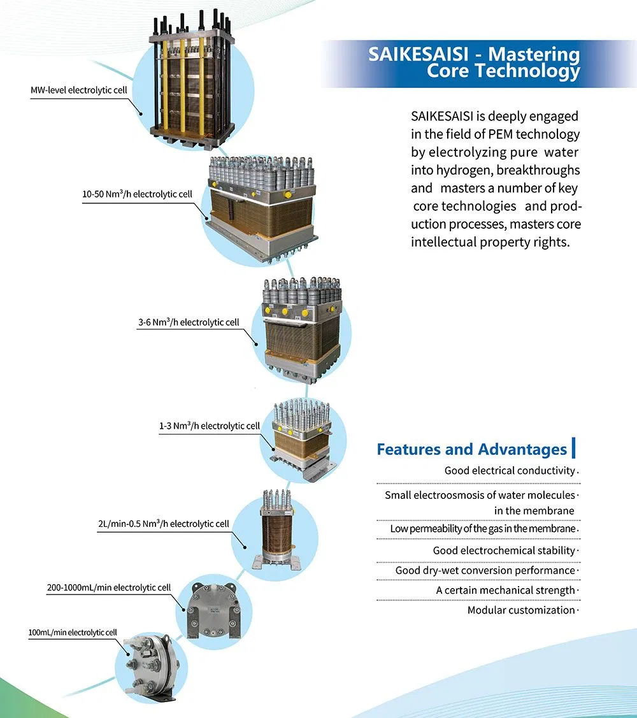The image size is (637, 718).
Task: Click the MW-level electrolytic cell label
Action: click(79, 90)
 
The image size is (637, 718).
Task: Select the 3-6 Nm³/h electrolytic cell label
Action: click(189, 322)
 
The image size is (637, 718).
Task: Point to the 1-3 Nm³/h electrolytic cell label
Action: click(210, 426)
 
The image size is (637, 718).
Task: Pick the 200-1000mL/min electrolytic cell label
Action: click(109, 587)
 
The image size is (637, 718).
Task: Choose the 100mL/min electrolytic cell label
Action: click(73, 632)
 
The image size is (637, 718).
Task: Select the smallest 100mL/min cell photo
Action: click(148, 663)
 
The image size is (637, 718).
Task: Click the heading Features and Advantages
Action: click(471, 449)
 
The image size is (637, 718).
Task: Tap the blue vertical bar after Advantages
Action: click(574, 448)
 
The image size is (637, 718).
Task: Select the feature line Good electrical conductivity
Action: click(510, 471)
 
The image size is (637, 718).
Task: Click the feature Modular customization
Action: click(521, 610)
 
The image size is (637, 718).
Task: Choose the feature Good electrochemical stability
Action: click(504, 550)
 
